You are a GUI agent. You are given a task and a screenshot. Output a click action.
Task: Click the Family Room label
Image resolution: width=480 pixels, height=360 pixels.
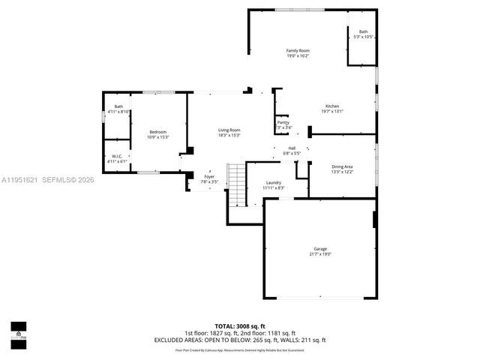(x=297, y=50)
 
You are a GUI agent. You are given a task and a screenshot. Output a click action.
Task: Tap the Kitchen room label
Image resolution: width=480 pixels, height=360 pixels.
(x=332, y=106)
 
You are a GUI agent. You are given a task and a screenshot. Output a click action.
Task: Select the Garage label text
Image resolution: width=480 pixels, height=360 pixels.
(x=320, y=248)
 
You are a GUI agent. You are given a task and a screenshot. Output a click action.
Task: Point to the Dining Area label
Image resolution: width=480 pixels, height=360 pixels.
(x=342, y=166)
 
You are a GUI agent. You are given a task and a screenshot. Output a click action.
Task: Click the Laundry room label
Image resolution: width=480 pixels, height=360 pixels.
(x=274, y=183)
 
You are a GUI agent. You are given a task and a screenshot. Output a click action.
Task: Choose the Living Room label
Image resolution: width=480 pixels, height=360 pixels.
(x=229, y=130)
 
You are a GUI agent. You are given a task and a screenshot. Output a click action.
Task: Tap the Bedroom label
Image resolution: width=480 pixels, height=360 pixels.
(x=157, y=131)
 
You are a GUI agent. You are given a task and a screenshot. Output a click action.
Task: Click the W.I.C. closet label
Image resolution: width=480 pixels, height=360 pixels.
(x=118, y=156)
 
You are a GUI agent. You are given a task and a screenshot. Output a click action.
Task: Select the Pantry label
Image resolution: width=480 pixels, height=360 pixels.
(x=283, y=122)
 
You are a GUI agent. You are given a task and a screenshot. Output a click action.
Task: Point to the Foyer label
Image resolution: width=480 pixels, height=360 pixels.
(x=209, y=176)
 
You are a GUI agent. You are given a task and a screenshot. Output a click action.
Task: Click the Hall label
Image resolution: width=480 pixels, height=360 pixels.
(x=292, y=148)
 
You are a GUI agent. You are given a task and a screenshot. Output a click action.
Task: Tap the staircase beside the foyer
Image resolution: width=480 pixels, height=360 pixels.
(x=237, y=184)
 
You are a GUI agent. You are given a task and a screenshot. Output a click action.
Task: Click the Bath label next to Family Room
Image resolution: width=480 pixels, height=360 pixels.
(x=363, y=31)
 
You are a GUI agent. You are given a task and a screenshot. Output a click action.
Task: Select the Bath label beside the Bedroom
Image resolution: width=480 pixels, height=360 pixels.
(x=118, y=106)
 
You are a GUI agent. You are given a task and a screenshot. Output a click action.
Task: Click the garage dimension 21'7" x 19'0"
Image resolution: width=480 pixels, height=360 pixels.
(x=320, y=254)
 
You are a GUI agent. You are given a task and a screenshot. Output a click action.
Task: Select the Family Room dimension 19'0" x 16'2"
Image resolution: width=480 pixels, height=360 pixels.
(x=297, y=56)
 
